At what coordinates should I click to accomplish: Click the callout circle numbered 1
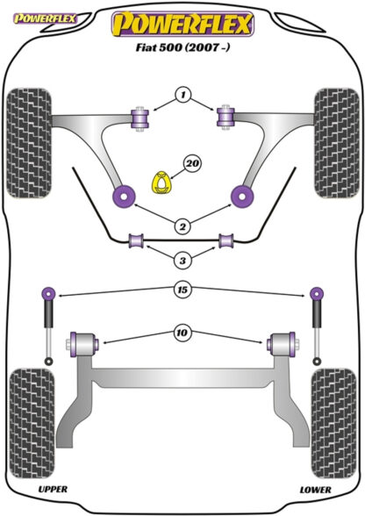point(182,95)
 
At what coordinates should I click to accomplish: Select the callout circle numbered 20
point(192,162)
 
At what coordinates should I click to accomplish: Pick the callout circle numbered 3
point(182,260)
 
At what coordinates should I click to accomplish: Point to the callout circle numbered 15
point(182,289)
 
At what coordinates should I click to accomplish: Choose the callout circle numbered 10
point(182,333)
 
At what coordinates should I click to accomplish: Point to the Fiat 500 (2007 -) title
point(182,51)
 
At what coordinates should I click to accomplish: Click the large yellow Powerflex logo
point(182,24)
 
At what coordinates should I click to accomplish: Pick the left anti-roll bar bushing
point(136,241)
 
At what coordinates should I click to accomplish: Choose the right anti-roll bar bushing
point(225,240)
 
